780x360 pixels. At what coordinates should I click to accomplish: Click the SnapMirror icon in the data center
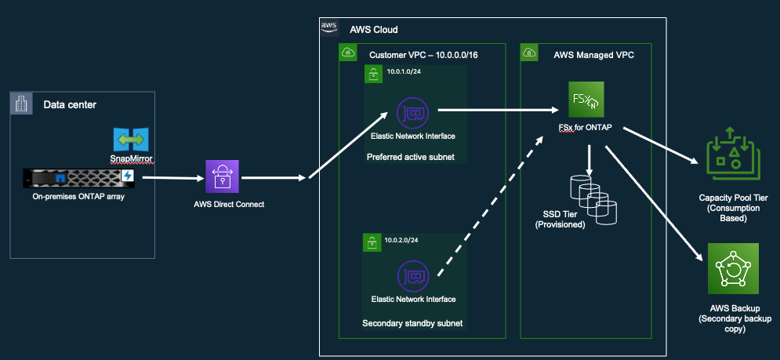130,140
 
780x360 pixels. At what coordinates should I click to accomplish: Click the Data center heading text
70,104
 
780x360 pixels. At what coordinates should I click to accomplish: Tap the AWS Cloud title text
373,29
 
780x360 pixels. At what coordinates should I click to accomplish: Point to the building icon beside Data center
21,104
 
